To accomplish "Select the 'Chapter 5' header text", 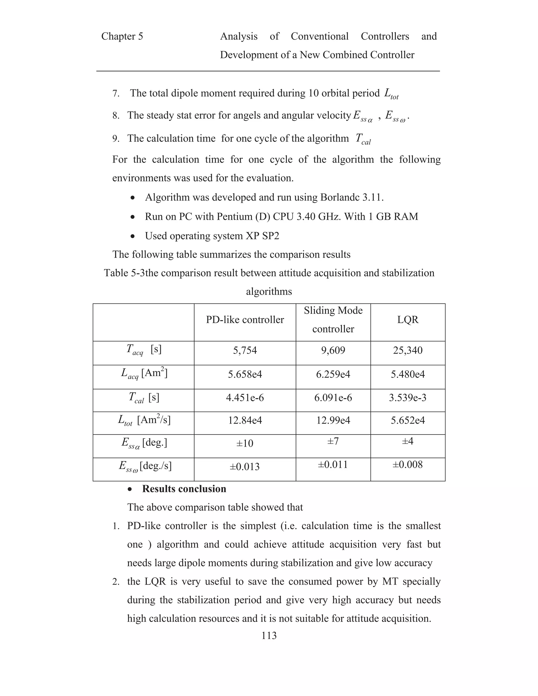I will point(122,36).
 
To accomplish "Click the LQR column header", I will point(408,320).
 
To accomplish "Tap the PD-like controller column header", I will point(245,320).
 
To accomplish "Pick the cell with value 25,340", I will point(408,350).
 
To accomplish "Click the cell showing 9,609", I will point(333,350).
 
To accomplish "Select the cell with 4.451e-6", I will point(245,398).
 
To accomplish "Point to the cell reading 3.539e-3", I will point(408,398).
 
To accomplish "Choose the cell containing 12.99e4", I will point(333,420).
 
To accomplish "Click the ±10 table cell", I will point(245,443).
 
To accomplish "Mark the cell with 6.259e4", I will point(333,374).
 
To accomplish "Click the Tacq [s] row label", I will point(144,350).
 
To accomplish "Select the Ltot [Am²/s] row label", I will point(144,420).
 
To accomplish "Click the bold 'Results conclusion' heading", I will point(184,489).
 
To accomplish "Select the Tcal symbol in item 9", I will point(363,139).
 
